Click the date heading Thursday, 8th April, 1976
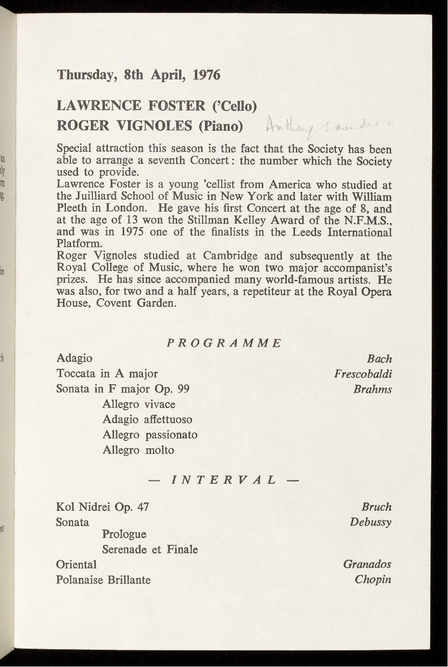point(138,75)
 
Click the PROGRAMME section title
point(224,343)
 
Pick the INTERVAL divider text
point(224,480)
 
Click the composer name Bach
point(379,359)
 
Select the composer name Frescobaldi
point(363,374)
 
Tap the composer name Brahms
point(372,389)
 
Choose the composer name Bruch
point(376,507)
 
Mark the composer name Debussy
point(371,522)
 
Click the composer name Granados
point(367,564)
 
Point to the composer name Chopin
point(373,579)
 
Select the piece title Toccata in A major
point(107,374)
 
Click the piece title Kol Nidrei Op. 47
point(102,507)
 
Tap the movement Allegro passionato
point(150,435)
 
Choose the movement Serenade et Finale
point(150,549)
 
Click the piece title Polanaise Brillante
point(103,579)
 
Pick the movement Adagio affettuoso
point(147,419)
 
